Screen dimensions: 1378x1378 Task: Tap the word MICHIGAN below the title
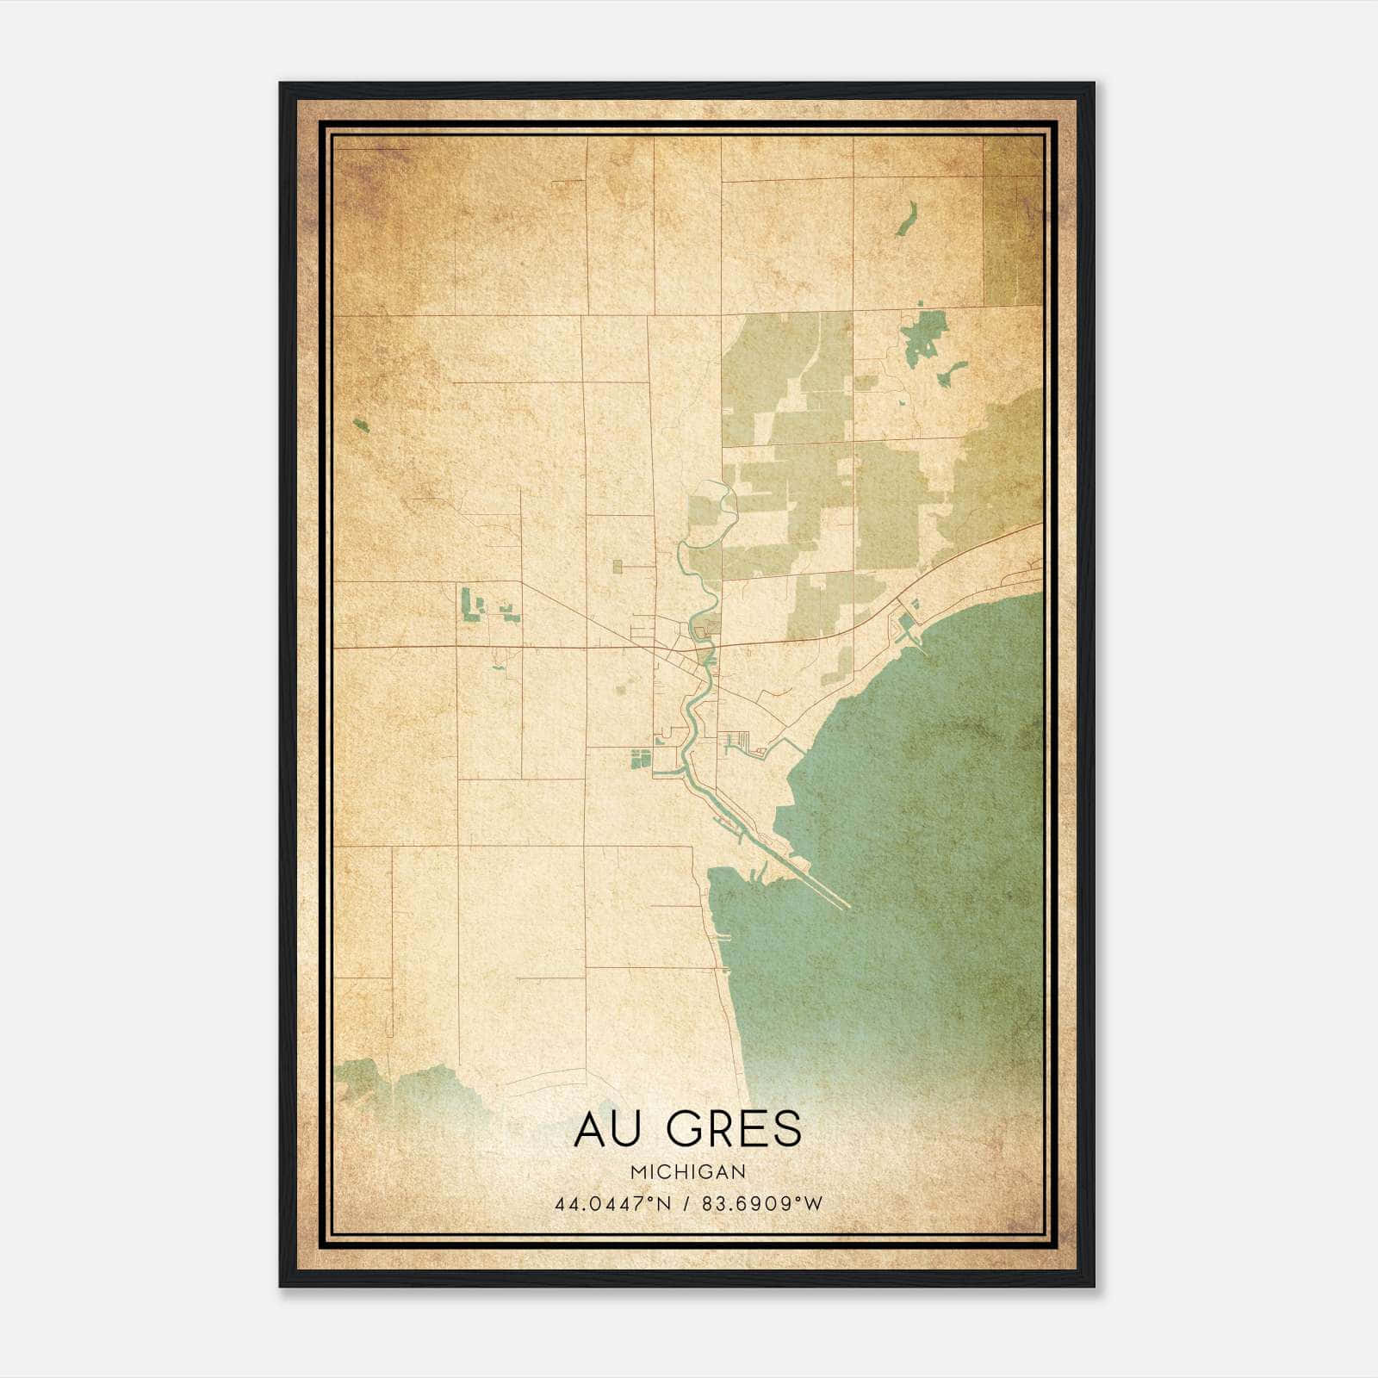coord(688,1172)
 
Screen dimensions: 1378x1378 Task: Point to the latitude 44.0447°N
coord(612,1203)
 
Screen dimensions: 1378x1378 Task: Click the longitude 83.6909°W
coord(763,1203)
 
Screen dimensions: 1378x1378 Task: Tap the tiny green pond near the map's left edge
coord(361,425)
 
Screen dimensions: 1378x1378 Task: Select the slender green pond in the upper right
coord(905,220)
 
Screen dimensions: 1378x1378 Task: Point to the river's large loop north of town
coord(719,508)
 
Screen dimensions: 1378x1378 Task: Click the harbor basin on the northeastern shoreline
coord(906,626)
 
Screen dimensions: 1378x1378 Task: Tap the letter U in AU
coord(629,1129)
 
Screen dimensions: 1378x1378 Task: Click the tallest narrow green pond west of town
coord(466,602)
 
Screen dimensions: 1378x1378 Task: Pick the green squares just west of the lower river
coord(639,759)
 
